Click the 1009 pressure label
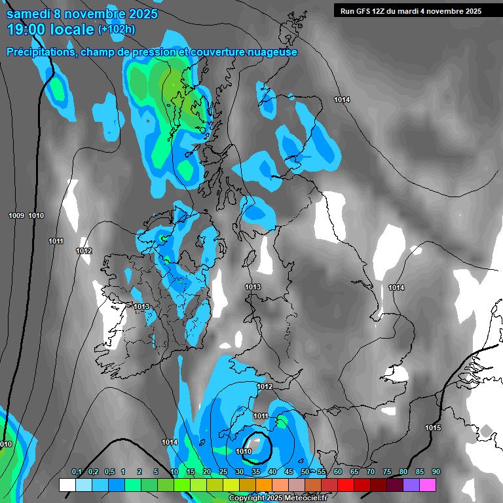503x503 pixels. pyautogui.click(x=16, y=215)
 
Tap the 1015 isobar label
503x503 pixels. pyautogui.click(x=433, y=428)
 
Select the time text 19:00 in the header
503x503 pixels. pyautogui.click(x=28, y=29)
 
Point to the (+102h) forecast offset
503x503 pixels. pyautogui.click(x=117, y=29)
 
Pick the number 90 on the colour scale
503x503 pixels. pyautogui.click(x=436, y=472)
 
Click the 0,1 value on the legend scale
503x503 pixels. pyautogui.click(x=77, y=472)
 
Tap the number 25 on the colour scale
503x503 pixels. pyautogui.click(x=223, y=472)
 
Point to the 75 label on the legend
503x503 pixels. pyautogui.click(x=387, y=472)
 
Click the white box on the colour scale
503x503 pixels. pyautogui.click(x=67, y=485)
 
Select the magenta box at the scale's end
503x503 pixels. pyautogui.click(x=428, y=485)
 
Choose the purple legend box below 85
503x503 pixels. pyautogui.click(x=411, y=485)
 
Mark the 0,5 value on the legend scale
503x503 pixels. pyautogui.click(x=108, y=472)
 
